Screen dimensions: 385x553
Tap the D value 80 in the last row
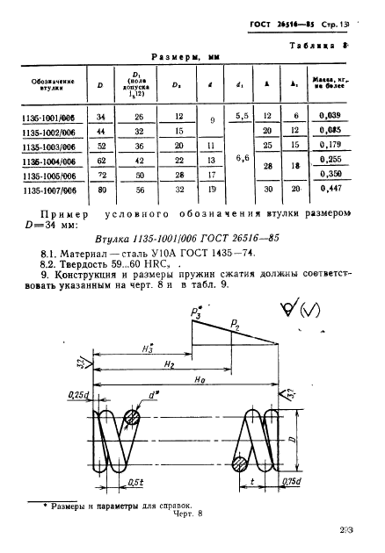[101, 186]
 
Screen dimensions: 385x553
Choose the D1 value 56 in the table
[137, 186]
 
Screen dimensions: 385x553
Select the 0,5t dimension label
[134, 482]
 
